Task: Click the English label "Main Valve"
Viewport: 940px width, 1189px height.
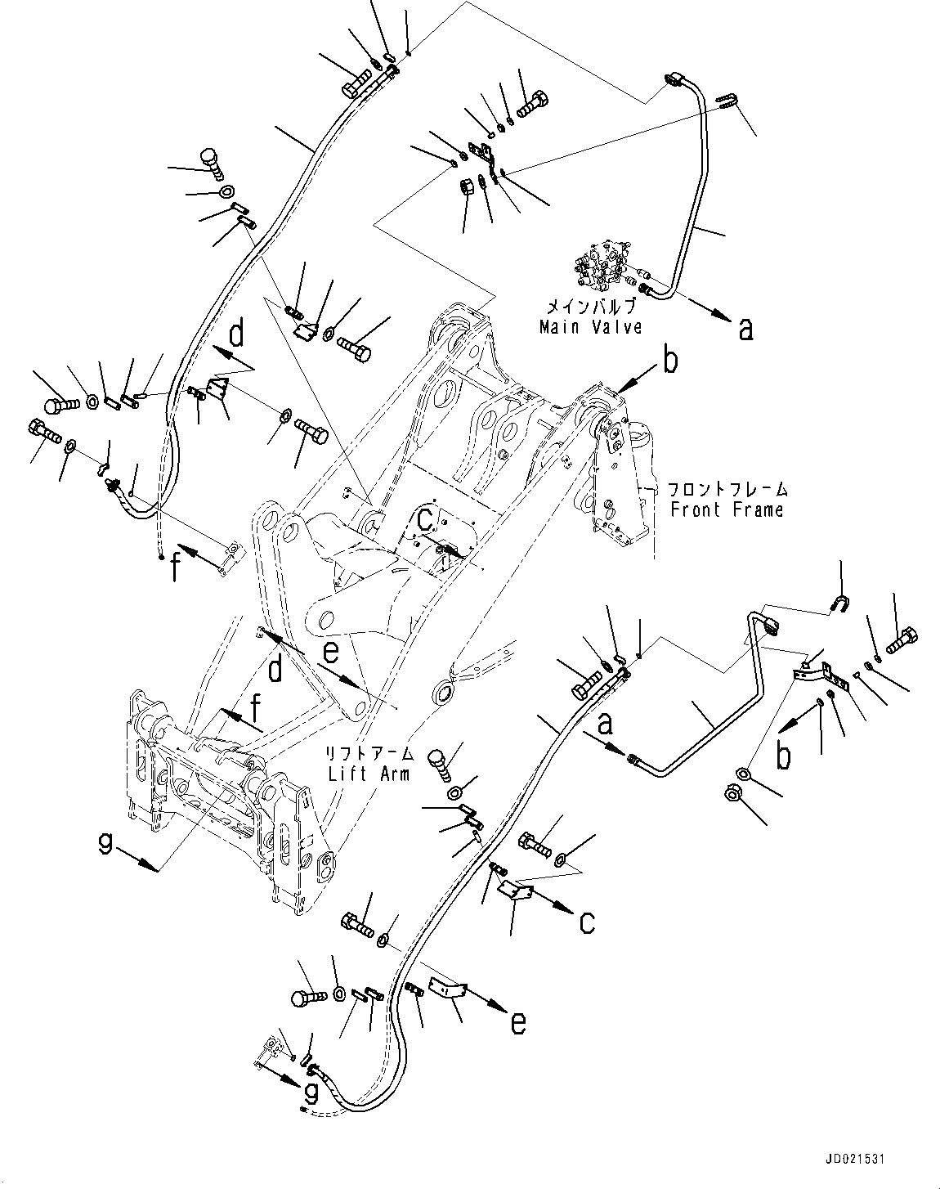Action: click(589, 327)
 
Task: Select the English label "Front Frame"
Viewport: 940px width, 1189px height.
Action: click(726, 509)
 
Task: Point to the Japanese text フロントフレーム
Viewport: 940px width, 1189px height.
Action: click(727, 491)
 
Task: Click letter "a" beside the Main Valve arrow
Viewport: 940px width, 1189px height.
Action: click(745, 329)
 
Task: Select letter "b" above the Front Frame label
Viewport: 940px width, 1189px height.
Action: click(670, 361)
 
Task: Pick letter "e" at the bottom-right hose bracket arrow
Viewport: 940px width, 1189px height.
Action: click(517, 1023)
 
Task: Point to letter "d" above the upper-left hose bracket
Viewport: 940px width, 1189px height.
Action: click(235, 334)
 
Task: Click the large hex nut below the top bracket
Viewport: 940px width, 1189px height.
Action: click(463, 187)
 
